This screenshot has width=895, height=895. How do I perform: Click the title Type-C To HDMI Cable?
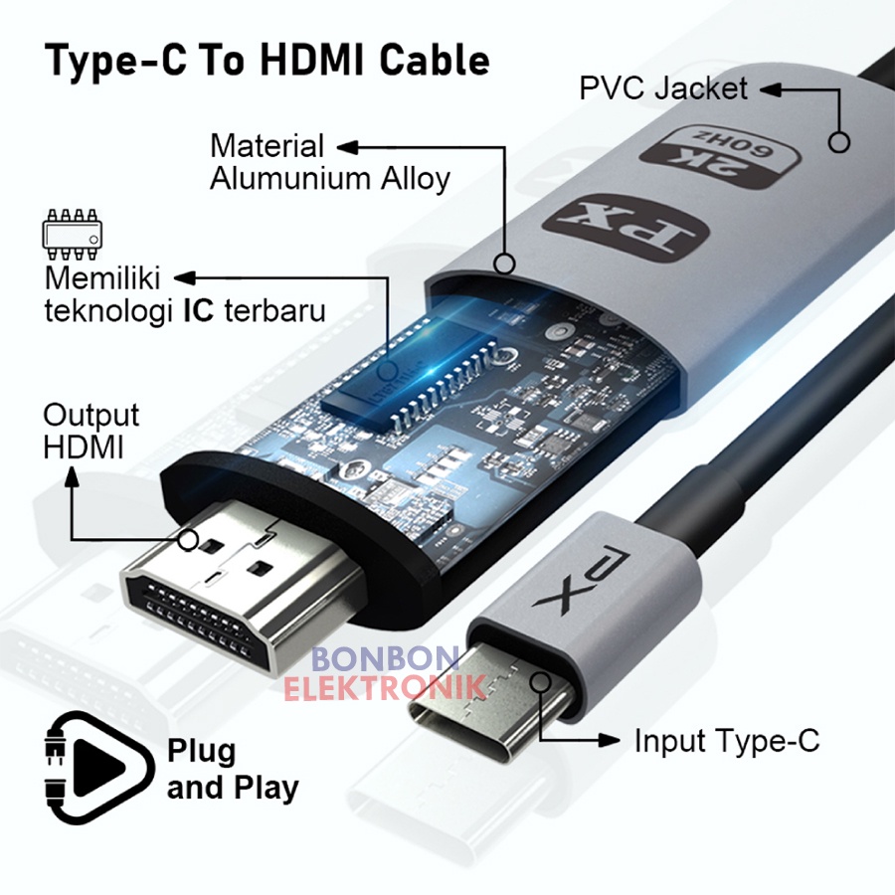[268, 61]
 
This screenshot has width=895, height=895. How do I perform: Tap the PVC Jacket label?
[663, 89]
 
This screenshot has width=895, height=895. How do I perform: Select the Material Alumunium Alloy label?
[329, 162]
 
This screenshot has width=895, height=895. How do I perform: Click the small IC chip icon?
[71, 230]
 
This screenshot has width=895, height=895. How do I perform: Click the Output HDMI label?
[90, 431]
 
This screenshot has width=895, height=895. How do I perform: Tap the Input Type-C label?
[727, 741]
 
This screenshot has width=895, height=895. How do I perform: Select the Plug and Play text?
[233, 769]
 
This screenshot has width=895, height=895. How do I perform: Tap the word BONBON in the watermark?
[385, 659]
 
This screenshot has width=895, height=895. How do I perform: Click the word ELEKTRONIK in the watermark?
[385, 686]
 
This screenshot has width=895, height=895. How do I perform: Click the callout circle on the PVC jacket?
[840, 142]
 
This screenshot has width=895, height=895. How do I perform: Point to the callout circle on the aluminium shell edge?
[504, 265]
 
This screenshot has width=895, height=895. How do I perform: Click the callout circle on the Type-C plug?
[541, 682]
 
